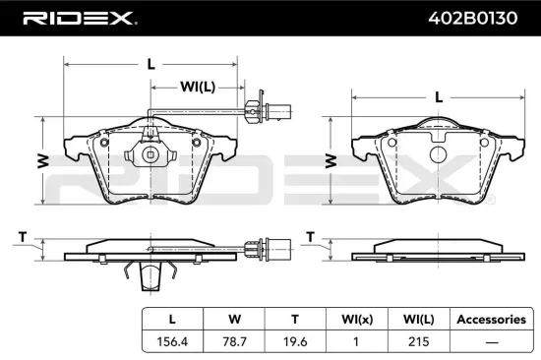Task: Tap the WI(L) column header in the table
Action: click(413, 320)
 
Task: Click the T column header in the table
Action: click(292, 320)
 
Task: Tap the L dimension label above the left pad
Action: click(150, 64)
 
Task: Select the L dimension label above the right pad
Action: click(438, 97)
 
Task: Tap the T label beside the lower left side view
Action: click(23, 237)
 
